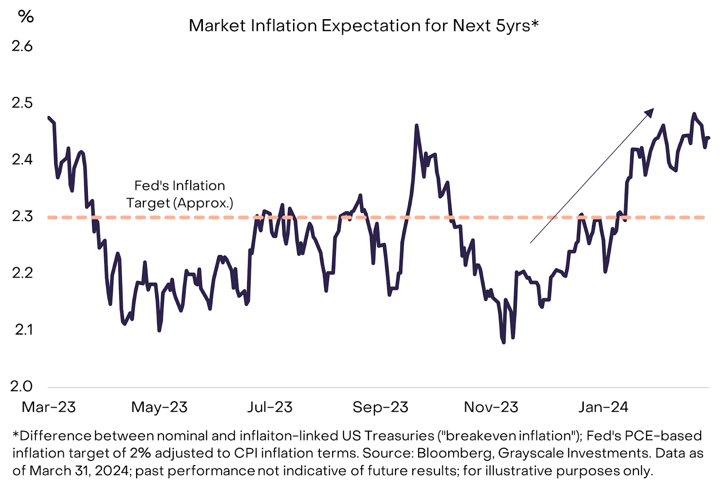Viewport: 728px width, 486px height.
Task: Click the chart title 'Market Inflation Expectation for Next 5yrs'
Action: point(363,26)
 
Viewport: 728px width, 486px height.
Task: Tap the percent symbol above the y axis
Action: point(25,17)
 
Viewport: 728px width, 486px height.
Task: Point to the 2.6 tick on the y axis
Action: point(22,46)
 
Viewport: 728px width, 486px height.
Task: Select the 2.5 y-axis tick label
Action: point(22,103)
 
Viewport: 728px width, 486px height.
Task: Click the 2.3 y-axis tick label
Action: point(22,216)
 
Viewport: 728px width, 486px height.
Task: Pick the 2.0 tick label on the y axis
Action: point(22,386)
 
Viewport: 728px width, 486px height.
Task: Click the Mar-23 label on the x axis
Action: point(49,407)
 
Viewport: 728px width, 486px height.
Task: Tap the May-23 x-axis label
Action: point(159,407)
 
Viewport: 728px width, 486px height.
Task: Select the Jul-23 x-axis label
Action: point(270,407)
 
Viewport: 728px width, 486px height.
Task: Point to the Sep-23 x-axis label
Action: point(380,407)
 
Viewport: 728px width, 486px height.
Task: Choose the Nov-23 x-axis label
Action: point(491,407)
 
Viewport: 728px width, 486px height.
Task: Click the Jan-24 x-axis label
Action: point(603,407)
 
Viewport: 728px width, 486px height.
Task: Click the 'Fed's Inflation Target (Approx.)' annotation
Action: point(180,194)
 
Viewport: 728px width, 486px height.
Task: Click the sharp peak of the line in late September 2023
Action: point(416,125)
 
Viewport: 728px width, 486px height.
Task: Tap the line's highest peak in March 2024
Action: point(694,114)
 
